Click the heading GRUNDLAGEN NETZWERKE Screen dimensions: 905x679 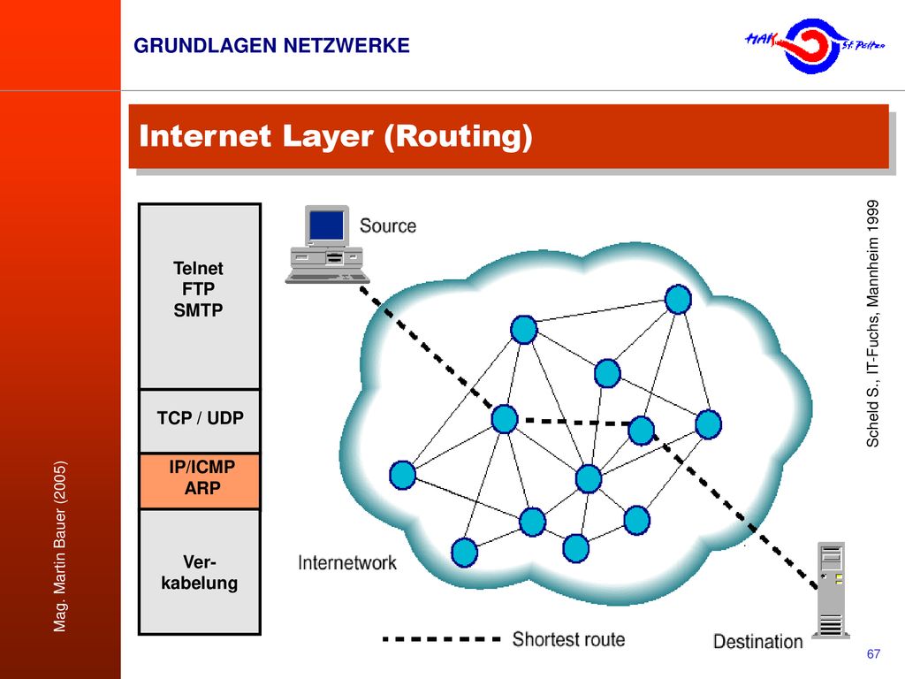tap(271, 46)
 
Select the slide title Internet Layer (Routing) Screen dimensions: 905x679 tap(335, 137)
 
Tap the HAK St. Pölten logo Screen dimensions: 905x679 tap(814, 46)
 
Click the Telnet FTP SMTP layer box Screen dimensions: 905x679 tap(200, 297)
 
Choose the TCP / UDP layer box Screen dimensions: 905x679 tap(200, 421)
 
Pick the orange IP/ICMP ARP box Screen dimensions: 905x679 tap(200, 481)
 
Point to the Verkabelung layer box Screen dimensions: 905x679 tap(200, 572)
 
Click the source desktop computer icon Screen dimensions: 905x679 tap(327, 244)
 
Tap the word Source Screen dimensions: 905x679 tap(388, 225)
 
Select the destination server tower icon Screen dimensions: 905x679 tap(831, 590)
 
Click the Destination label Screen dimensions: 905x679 tap(757, 642)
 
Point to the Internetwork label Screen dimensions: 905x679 tap(347, 563)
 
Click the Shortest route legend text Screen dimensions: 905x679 tap(568, 639)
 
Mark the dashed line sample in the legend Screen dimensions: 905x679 tap(442, 639)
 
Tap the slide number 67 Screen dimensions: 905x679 tap(873, 653)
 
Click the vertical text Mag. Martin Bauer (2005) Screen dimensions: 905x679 tap(59, 546)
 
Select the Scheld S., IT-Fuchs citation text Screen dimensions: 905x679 tap(872, 324)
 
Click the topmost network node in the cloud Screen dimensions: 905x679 tap(678, 300)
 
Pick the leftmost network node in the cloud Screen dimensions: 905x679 tap(403, 475)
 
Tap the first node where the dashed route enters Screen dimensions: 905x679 tap(505, 418)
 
